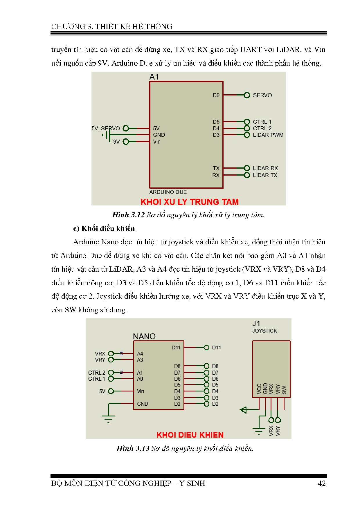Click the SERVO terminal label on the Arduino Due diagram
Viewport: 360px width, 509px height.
tap(262, 95)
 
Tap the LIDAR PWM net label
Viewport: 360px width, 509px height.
tap(268, 135)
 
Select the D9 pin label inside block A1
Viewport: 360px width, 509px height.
tap(216, 95)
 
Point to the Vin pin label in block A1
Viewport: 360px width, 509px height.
tap(157, 142)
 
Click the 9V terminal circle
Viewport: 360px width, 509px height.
tap(126, 142)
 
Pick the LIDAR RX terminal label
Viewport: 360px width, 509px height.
tap(265, 168)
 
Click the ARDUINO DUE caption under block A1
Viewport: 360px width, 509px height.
tap(168, 192)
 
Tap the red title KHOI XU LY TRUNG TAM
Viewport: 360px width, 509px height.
tap(190, 202)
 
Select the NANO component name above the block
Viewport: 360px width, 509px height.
tap(144, 336)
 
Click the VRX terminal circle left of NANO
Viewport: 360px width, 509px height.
tap(111, 353)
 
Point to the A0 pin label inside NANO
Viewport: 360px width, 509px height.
tap(140, 379)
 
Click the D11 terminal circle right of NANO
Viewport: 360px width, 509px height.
tap(206, 347)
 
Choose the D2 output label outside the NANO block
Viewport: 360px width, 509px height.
tap(215, 404)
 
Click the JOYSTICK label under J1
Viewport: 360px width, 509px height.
tap(264, 331)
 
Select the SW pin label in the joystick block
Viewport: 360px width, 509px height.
tap(284, 389)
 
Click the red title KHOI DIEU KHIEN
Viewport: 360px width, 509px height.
tap(190, 435)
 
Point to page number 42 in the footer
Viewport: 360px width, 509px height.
tap(322, 483)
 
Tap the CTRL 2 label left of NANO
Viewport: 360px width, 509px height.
tap(97, 373)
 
